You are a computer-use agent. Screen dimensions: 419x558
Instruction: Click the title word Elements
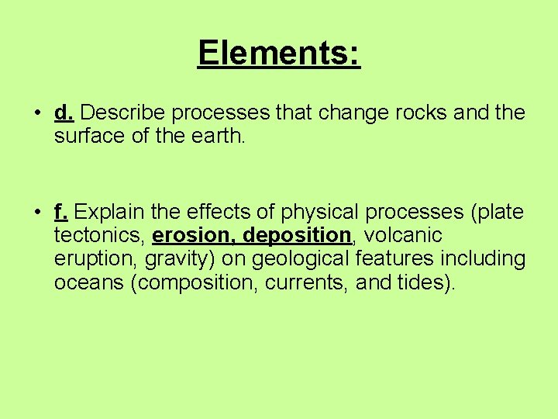click(x=279, y=53)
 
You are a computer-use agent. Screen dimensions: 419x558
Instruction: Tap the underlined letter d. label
click(x=64, y=113)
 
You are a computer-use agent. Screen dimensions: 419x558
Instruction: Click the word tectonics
click(x=98, y=235)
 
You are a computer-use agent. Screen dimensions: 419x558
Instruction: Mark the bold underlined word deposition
click(x=298, y=235)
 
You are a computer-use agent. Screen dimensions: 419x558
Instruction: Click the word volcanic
click(x=404, y=235)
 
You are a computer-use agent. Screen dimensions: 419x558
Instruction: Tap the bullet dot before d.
click(x=38, y=114)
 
